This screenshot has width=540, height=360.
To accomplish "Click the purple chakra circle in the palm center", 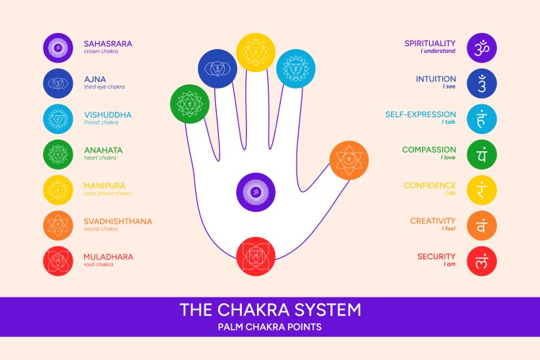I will click(x=256, y=192).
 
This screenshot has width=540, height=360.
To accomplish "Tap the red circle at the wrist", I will click(x=256, y=256).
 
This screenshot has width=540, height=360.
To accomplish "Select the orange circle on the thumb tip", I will click(x=349, y=160).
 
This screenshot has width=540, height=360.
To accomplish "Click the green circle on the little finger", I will click(x=189, y=104).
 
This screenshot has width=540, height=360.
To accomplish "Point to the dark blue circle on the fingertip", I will click(x=218, y=69).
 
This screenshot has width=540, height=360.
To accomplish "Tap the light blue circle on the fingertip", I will click(x=296, y=69).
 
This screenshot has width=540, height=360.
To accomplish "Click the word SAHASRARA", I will click(x=108, y=43).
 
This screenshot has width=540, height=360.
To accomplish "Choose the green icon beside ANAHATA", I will click(x=57, y=154).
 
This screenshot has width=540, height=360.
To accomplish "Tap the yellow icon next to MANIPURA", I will click(x=57, y=189).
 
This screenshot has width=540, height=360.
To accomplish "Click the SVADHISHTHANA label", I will click(x=118, y=221).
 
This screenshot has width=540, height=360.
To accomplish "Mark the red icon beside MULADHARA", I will click(x=57, y=261).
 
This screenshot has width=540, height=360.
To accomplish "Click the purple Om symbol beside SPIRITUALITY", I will click(x=482, y=48).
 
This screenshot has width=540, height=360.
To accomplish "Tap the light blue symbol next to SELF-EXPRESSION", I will click(x=482, y=119).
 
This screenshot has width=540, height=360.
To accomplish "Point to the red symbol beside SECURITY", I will click(x=482, y=261).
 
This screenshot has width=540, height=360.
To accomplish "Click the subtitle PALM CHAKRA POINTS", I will click(x=270, y=327).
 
